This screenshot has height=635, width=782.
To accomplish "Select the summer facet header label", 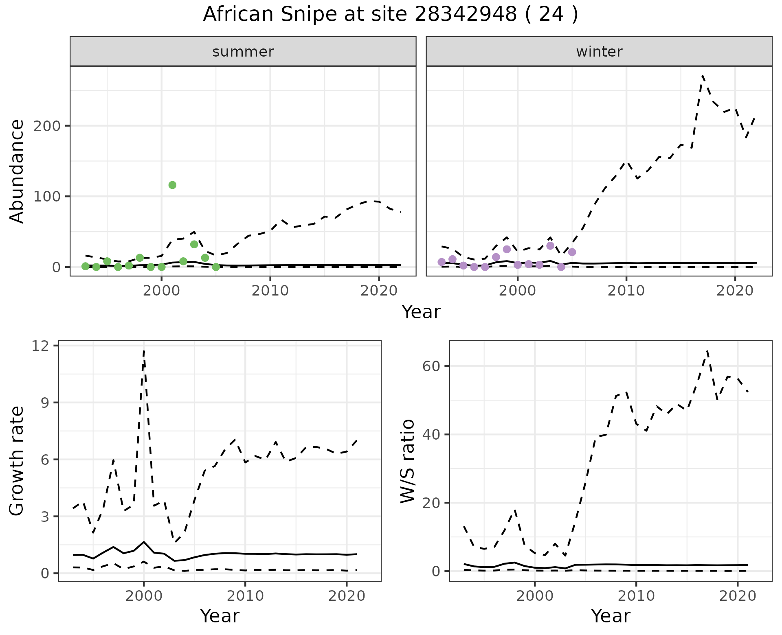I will pos(243,52).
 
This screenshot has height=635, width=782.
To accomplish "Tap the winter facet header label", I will pos(599,52).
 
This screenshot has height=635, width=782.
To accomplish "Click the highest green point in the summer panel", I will pos(172,185).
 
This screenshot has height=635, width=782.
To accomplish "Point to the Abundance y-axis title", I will pos(17,171).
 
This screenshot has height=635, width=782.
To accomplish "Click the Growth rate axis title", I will pos(17,461).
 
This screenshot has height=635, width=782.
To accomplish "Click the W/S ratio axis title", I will pos(408,461).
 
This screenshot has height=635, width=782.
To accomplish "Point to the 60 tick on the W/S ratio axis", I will pos(431,366).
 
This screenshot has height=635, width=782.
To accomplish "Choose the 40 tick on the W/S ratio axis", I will pos(431,434).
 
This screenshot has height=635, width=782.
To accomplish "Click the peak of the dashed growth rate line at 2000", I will pos(144,351).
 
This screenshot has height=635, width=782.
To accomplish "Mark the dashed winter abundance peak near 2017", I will pos(702,76).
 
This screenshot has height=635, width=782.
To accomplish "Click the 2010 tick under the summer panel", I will pos(270,291).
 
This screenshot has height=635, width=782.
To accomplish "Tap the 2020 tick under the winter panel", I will pos(735,291).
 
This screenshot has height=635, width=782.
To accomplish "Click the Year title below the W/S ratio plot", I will pos(611,616).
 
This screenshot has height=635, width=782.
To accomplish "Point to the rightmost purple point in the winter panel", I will pos(572,252).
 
